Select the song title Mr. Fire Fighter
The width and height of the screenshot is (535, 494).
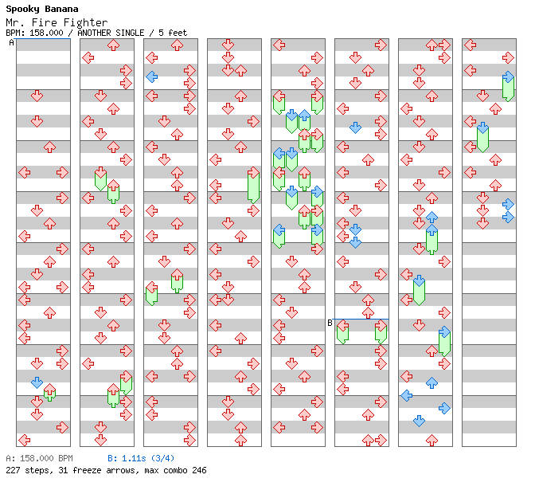(x=57, y=22)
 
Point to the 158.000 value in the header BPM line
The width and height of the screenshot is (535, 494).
(x=46, y=33)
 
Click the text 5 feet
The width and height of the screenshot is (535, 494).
(x=173, y=33)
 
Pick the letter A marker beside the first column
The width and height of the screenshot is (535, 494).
(x=12, y=42)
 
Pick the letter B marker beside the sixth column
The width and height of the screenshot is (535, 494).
(x=330, y=323)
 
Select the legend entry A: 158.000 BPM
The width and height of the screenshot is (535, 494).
(x=39, y=458)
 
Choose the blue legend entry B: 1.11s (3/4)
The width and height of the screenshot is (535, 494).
(x=141, y=458)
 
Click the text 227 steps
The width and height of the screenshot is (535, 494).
(x=29, y=470)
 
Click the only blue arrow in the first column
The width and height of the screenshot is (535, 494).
(x=37, y=382)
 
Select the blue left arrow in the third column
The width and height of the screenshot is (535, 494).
(x=152, y=76)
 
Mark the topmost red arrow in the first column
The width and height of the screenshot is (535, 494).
(x=37, y=96)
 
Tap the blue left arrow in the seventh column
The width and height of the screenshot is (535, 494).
(x=406, y=396)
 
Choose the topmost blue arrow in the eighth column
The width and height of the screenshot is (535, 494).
(x=508, y=76)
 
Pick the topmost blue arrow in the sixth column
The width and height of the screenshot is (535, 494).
(x=356, y=127)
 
